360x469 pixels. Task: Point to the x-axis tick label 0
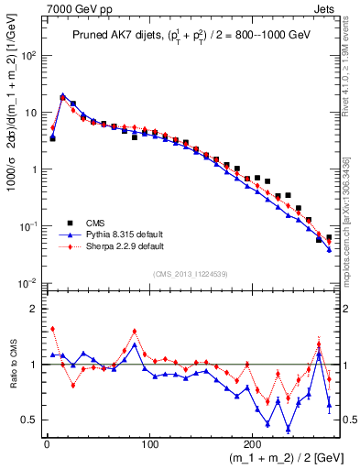point(47,444)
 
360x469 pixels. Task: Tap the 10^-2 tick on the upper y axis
point(27,283)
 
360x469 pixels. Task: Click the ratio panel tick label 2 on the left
point(34,309)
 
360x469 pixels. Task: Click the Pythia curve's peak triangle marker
point(62,94)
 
